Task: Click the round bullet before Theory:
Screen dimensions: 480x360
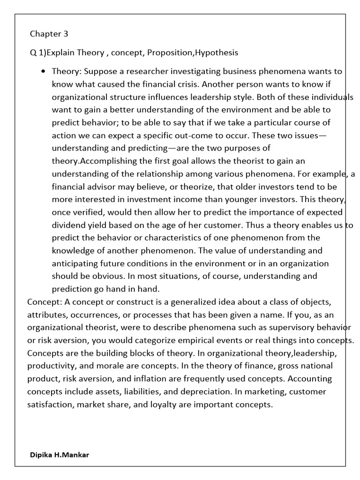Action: coord(43,72)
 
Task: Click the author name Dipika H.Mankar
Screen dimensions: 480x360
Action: coord(59,455)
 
